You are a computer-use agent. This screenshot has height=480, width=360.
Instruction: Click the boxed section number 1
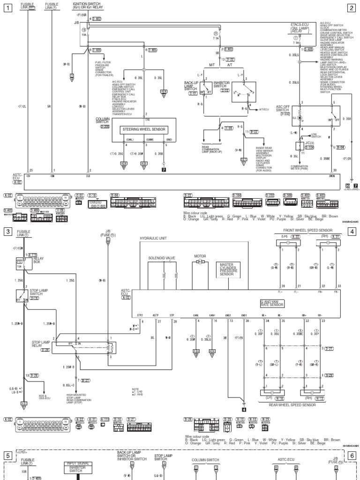pyautogui.click(x=7, y=7)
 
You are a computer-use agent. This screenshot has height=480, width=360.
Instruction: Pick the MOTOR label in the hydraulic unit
pyautogui.click(x=200, y=256)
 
